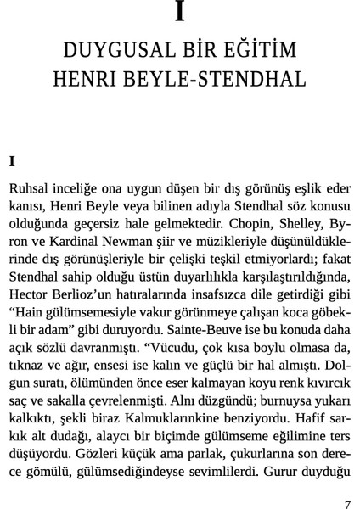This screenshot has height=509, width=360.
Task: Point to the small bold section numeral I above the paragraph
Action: [x=12, y=159]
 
